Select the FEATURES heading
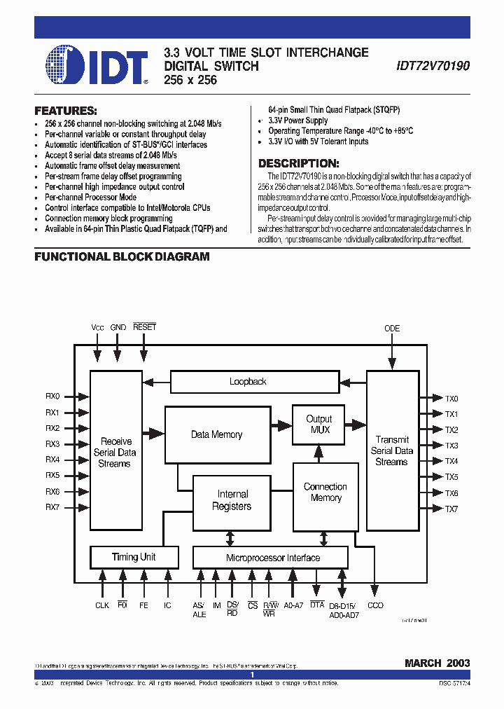click(66, 111)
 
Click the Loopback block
click(248, 382)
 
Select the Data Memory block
click(216, 434)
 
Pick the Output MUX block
click(320, 424)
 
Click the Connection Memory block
click(325, 493)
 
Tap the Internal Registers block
click(232, 500)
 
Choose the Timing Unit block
click(134, 557)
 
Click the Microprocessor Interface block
click(273, 558)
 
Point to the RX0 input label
click(53, 397)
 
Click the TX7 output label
click(451, 509)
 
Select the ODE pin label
click(393, 328)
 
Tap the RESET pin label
click(144, 327)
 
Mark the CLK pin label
click(102, 605)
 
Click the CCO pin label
click(375, 605)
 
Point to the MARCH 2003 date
click(437, 663)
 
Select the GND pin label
click(118, 327)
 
